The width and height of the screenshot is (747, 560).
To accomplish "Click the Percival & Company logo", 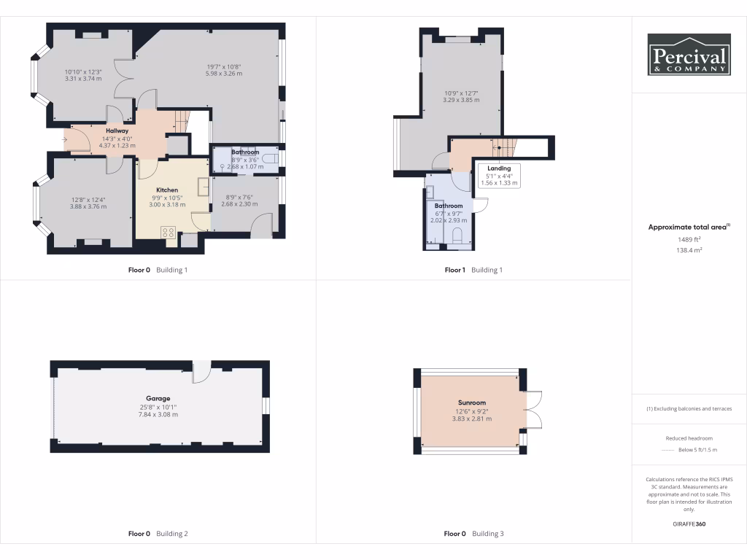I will tap(689, 55).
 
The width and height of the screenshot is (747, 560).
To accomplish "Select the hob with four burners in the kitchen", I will tap(168, 233).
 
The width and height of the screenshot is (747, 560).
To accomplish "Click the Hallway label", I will tap(96, 131).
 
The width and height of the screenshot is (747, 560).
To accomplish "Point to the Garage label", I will tap(158, 398).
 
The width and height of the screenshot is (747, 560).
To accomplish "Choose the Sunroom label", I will tap(471, 402).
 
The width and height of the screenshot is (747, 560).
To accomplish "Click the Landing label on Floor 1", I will tap(499, 168).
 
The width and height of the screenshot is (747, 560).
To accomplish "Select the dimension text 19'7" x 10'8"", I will tap(222, 66).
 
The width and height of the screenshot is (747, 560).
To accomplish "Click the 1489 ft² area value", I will tap(689, 239).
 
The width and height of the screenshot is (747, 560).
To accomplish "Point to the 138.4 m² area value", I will tap(689, 249).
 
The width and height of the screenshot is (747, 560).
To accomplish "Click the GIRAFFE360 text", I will tap(689, 524).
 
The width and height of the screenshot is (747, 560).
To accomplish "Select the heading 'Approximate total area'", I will tap(688, 227).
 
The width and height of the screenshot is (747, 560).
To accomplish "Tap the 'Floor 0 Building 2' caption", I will tap(158, 534).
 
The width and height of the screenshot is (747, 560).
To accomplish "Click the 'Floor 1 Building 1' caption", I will tap(473, 270).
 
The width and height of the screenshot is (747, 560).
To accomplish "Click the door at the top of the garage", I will tap(201, 372).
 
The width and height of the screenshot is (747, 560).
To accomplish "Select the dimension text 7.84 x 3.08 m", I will tap(158, 414).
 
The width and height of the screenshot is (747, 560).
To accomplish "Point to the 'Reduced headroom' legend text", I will tap(689, 438).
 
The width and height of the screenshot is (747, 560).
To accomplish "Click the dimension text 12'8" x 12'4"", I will tap(88, 200).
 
